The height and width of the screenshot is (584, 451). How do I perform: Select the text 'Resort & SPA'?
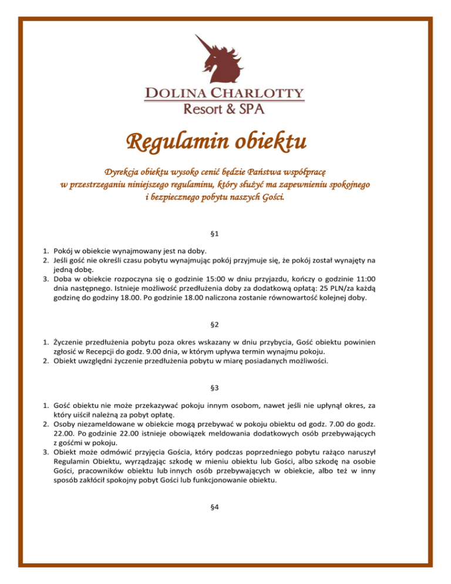coord(224,108)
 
